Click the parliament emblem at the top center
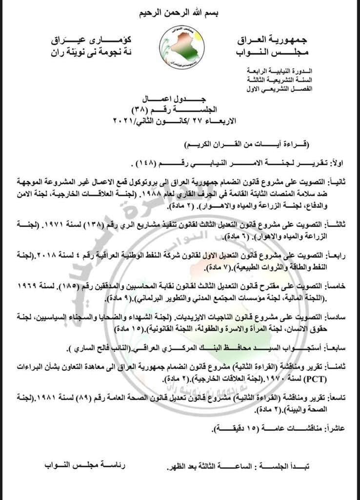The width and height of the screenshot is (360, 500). [x=182, y=47]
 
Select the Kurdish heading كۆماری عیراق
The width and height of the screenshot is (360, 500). [x=84, y=39]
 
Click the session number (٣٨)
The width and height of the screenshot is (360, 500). [x=164, y=109]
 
